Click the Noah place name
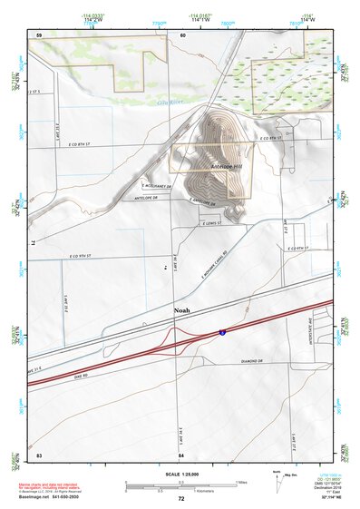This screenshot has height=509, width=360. pos(182,310)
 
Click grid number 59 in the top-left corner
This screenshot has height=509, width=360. pos(39,35)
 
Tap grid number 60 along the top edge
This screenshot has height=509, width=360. pos(182,35)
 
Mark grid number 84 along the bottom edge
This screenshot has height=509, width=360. pos(181,454)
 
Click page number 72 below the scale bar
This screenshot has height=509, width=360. pos(180,499)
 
